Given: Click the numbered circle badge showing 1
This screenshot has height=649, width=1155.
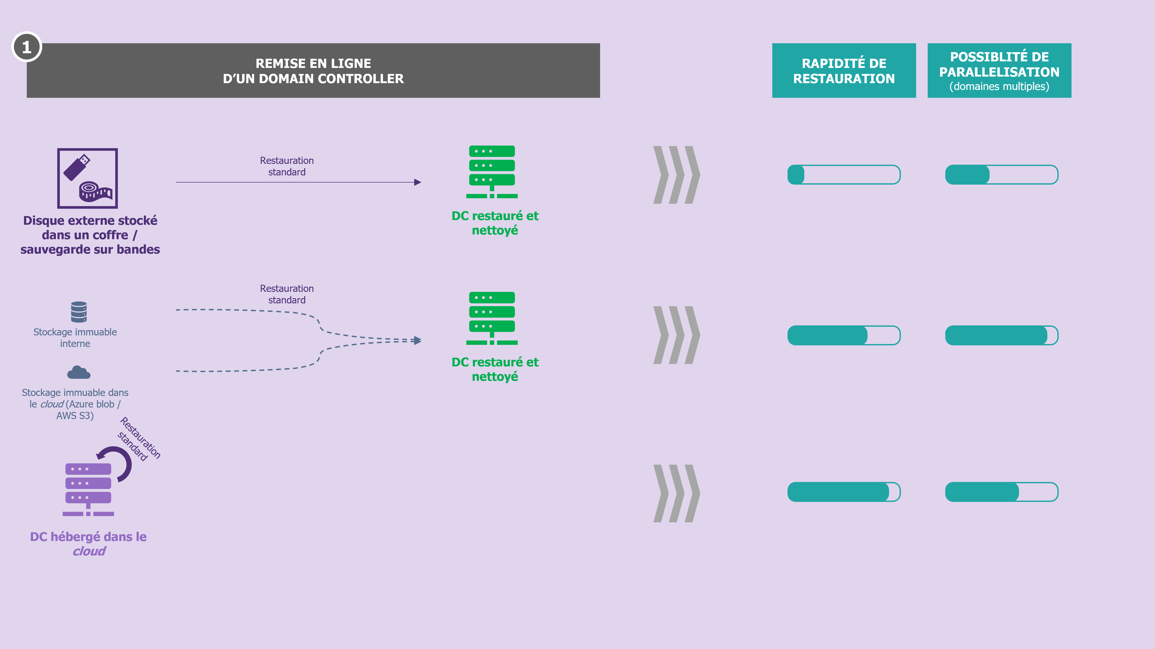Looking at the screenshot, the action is (x=27, y=47).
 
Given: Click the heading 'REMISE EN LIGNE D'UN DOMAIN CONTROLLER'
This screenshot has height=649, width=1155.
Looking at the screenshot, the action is (x=313, y=71).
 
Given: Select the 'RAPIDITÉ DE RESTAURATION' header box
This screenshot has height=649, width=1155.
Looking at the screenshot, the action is (x=844, y=70).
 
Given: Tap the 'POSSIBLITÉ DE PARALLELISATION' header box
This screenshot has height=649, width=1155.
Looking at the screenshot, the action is (x=999, y=70).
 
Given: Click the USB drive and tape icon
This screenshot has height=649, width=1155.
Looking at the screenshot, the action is (x=87, y=178).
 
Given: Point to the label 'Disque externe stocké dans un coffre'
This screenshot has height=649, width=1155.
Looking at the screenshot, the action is (x=90, y=228).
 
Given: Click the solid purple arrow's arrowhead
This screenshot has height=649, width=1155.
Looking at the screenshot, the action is (x=417, y=182).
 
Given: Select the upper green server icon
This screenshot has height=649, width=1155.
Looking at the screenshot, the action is (x=492, y=172).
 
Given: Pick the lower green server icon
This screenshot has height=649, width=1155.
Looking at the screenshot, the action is (x=492, y=318).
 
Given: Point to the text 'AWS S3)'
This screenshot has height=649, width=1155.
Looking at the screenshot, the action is (x=75, y=416).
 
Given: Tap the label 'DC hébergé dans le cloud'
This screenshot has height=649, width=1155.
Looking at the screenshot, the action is (x=88, y=544).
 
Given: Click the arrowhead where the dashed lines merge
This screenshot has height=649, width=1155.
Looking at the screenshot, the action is (x=417, y=340).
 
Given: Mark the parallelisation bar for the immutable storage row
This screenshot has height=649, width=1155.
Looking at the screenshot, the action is (x=1002, y=335).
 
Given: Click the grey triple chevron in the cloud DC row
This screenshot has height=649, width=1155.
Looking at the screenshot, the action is (x=676, y=493).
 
